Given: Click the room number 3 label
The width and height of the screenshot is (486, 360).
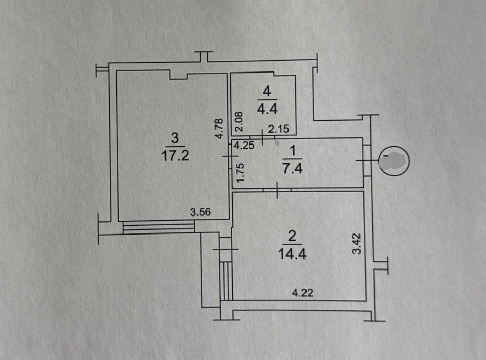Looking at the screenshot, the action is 175,138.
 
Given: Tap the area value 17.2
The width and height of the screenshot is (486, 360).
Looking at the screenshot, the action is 175,155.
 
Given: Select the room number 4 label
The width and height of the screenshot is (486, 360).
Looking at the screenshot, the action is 267,91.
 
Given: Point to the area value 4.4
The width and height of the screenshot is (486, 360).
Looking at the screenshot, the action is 267,109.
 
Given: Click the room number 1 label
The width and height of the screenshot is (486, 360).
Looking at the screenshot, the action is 292,151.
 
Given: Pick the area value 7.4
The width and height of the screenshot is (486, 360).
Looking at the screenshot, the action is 293,168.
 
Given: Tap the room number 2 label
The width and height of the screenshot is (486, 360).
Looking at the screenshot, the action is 292,237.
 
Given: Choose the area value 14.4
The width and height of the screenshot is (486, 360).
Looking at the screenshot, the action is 292,254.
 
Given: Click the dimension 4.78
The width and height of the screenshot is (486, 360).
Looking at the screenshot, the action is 219,129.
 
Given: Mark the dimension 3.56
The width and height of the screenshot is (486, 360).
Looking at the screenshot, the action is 200,212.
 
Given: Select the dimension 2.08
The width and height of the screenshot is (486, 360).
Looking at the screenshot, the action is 239,122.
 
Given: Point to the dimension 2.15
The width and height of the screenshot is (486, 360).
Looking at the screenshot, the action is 278,129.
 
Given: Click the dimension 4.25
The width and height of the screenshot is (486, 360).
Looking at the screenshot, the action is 244,145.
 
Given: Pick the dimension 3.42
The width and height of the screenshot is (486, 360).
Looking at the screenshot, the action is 357,244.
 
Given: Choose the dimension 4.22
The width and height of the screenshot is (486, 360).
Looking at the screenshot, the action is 302,293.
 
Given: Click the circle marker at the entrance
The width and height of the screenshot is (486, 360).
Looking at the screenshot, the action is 394,161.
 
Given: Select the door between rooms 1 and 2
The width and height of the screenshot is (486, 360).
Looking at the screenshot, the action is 277,190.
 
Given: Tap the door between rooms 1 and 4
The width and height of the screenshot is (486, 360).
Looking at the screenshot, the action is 262,137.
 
